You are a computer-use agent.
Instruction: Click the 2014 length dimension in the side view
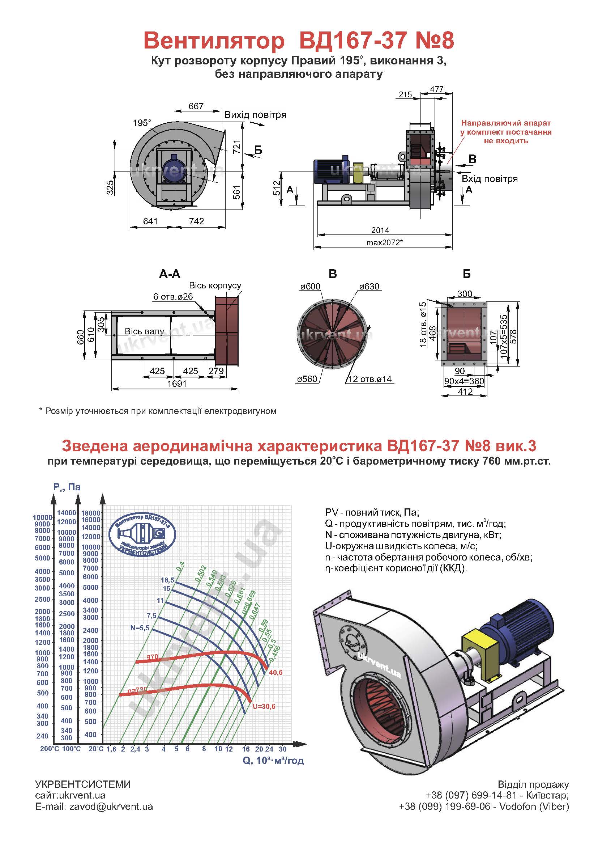[x=380, y=230]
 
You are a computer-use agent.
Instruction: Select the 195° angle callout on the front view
[x=142, y=123]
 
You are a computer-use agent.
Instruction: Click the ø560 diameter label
[x=307, y=379]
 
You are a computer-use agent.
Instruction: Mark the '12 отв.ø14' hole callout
[x=370, y=379]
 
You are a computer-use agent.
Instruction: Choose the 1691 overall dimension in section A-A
[x=177, y=384]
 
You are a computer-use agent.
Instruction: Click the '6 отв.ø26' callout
[x=173, y=296]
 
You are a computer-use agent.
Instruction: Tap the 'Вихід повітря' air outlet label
[x=255, y=115]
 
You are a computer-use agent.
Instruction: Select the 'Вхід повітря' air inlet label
[x=490, y=179]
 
